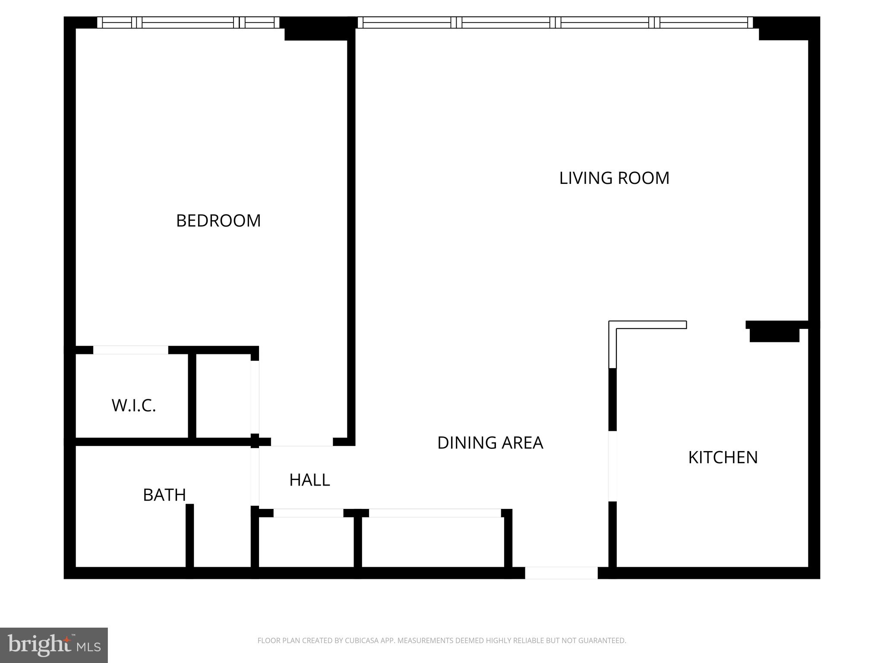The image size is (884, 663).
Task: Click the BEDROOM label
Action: [x=218, y=221]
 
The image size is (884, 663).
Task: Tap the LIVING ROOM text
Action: [x=614, y=178]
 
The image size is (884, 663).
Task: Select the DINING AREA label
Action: [x=490, y=443]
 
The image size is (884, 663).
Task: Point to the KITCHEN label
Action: [x=723, y=458]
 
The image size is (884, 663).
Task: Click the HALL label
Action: [x=309, y=480]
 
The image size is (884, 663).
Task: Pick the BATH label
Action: [x=164, y=495]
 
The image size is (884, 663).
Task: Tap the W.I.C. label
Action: [x=133, y=406]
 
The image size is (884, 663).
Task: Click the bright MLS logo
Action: [x=54, y=645]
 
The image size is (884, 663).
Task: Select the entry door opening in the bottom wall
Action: [x=561, y=573]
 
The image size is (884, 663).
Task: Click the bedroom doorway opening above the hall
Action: [x=302, y=442]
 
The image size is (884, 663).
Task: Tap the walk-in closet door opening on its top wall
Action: [x=130, y=350]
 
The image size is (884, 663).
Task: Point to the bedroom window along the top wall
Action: [x=188, y=22]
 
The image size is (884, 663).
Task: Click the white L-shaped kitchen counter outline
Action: [x=647, y=325]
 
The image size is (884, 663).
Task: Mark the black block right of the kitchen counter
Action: [x=774, y=334]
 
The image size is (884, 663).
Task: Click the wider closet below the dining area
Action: [x=433, y=542]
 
